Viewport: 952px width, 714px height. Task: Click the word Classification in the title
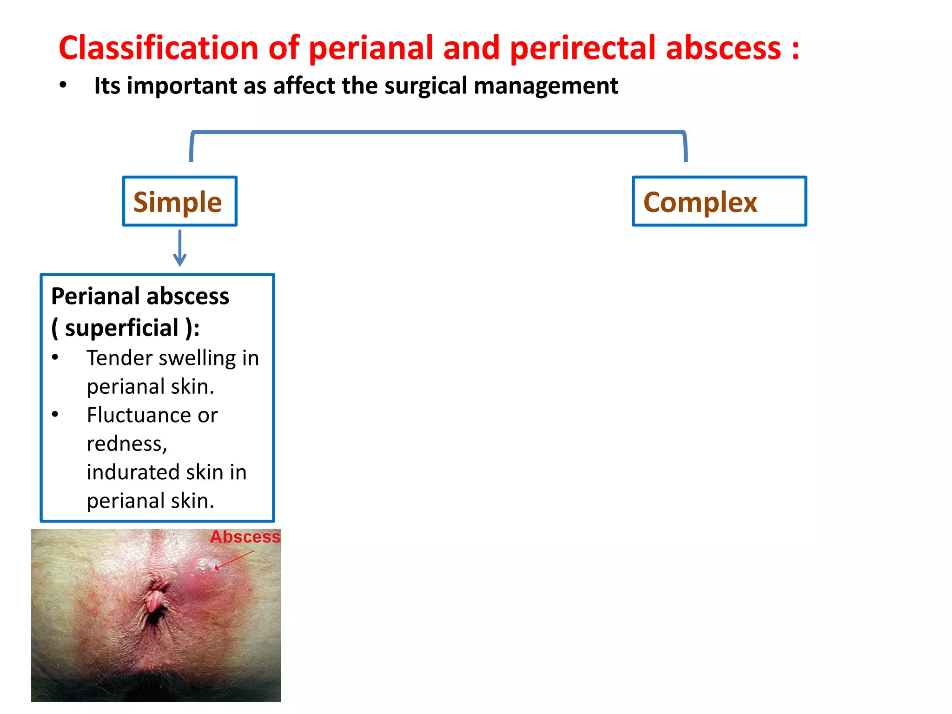point(158,48)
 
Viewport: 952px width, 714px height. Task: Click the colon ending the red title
point(795,49)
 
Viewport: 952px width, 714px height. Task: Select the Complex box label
point(700,202)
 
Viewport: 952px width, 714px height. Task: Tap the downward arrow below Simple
point(180,248)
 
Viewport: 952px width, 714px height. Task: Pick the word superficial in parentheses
point(122,328)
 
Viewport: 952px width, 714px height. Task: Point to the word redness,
point(127,443)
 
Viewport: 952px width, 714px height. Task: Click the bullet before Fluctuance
point(55,414)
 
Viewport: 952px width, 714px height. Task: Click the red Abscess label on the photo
point(245,537)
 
